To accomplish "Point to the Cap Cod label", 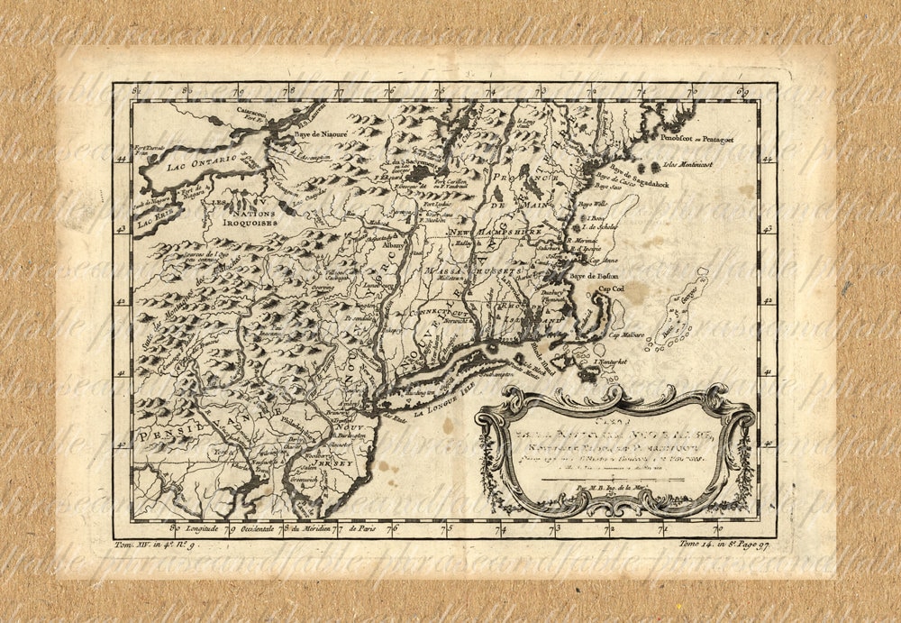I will [614, 289].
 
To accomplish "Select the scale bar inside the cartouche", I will [613, 479].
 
